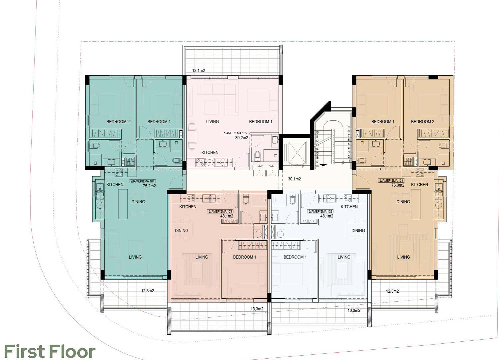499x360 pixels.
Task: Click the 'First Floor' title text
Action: [x=50, y=352]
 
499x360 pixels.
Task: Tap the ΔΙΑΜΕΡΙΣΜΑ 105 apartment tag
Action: [x=235, y=133]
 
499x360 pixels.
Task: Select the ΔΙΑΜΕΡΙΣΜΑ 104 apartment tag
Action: [x=143, y=181]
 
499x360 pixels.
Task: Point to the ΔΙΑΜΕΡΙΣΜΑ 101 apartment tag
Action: [x=391, y=181]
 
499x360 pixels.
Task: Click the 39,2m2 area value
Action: [x=242, y=138]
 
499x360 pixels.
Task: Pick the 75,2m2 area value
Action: [x=149, y=186]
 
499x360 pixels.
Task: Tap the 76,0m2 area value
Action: [x=398, y=185]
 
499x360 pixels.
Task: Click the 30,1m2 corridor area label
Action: [x=294, y=179]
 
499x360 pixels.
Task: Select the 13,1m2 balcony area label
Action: [x=199, y=71]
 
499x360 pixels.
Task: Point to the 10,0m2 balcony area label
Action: [x=354, y=310]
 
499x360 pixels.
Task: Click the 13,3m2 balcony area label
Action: [x=257, y=309]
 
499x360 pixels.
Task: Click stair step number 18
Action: [x=317, y=166]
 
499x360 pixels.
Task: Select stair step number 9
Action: [x=349, y=127]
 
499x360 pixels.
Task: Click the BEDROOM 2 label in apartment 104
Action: [x=118, y=122]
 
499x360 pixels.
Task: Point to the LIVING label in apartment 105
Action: [x=212, y=122]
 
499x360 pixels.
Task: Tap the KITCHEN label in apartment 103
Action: [x=188, y=207]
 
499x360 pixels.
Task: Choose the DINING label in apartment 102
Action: [x=358, y=230]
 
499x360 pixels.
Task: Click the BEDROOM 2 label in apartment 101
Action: [x=423, y=122]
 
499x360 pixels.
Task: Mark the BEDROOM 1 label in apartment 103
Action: [x=245, y=257]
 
